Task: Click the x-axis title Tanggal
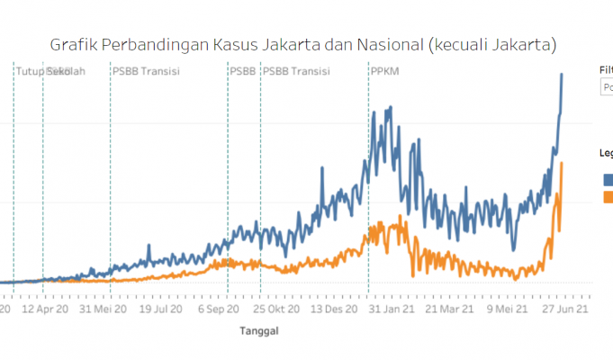(x=258, y=331)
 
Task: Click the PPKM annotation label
(x=384, y=71)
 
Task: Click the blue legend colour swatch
(x=607, y=178)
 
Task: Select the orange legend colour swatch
(x=607, y=196)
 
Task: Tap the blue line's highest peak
(x=563, y=75)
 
